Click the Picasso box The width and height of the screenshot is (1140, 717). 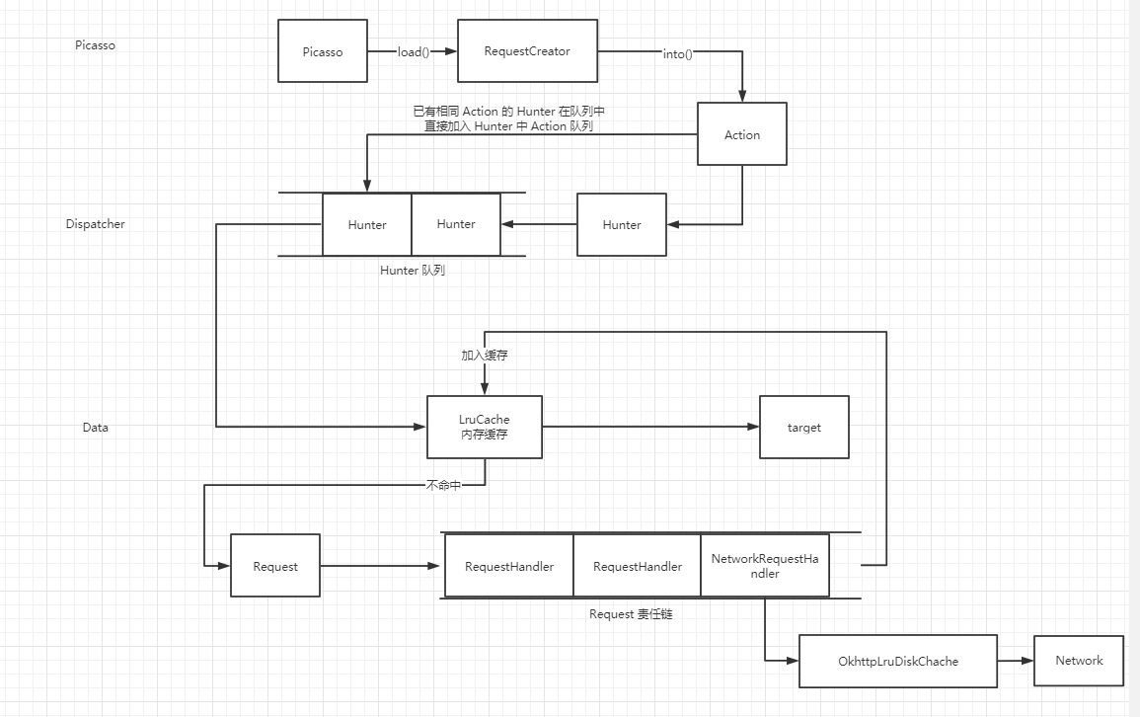point(323,51)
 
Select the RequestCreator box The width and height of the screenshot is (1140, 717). point(527,50)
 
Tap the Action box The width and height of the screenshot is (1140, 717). point(742,134)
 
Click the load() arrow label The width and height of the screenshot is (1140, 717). point(414,52)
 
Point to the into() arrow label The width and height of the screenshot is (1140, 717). point(677,54)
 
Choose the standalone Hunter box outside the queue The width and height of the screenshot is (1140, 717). point(622,224)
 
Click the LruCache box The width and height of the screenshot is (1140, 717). point(485,427)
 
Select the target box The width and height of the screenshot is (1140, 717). point(803,427)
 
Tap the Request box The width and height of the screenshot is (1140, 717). point(275,566)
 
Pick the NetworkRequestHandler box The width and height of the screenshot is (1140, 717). point(765,566)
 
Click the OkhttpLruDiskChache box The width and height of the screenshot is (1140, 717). point(897,661)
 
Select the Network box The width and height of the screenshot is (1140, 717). point(1079,661)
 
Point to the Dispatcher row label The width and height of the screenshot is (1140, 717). point(96,224)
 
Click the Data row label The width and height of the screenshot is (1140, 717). point(96,428)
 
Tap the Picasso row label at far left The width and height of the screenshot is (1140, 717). point(95,45)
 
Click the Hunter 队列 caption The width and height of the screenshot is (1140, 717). point(413,270)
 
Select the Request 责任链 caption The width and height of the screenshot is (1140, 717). point(631,613)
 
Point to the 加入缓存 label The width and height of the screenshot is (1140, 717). point(485,355)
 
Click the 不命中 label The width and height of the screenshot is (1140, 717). point(443,485)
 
